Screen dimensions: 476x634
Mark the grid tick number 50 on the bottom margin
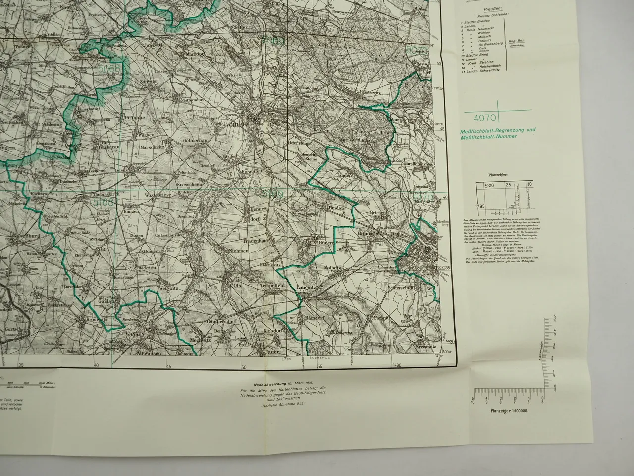pyautogui.click(x=244, y=367)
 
